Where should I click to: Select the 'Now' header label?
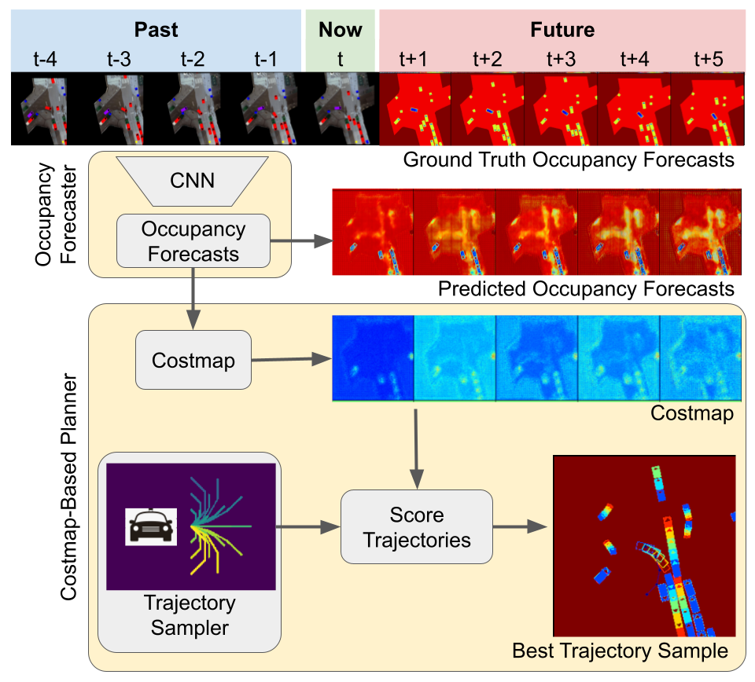tap(340, 31)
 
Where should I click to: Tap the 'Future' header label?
tap(562, 31)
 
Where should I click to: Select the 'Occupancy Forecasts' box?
tap(193, 242)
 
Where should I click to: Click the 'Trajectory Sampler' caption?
tap(189, 615)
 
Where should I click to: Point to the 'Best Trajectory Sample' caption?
tap(619, 651)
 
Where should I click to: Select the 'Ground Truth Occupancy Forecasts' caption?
tap(568, 160)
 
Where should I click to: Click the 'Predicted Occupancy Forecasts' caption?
tap(586, 288)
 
